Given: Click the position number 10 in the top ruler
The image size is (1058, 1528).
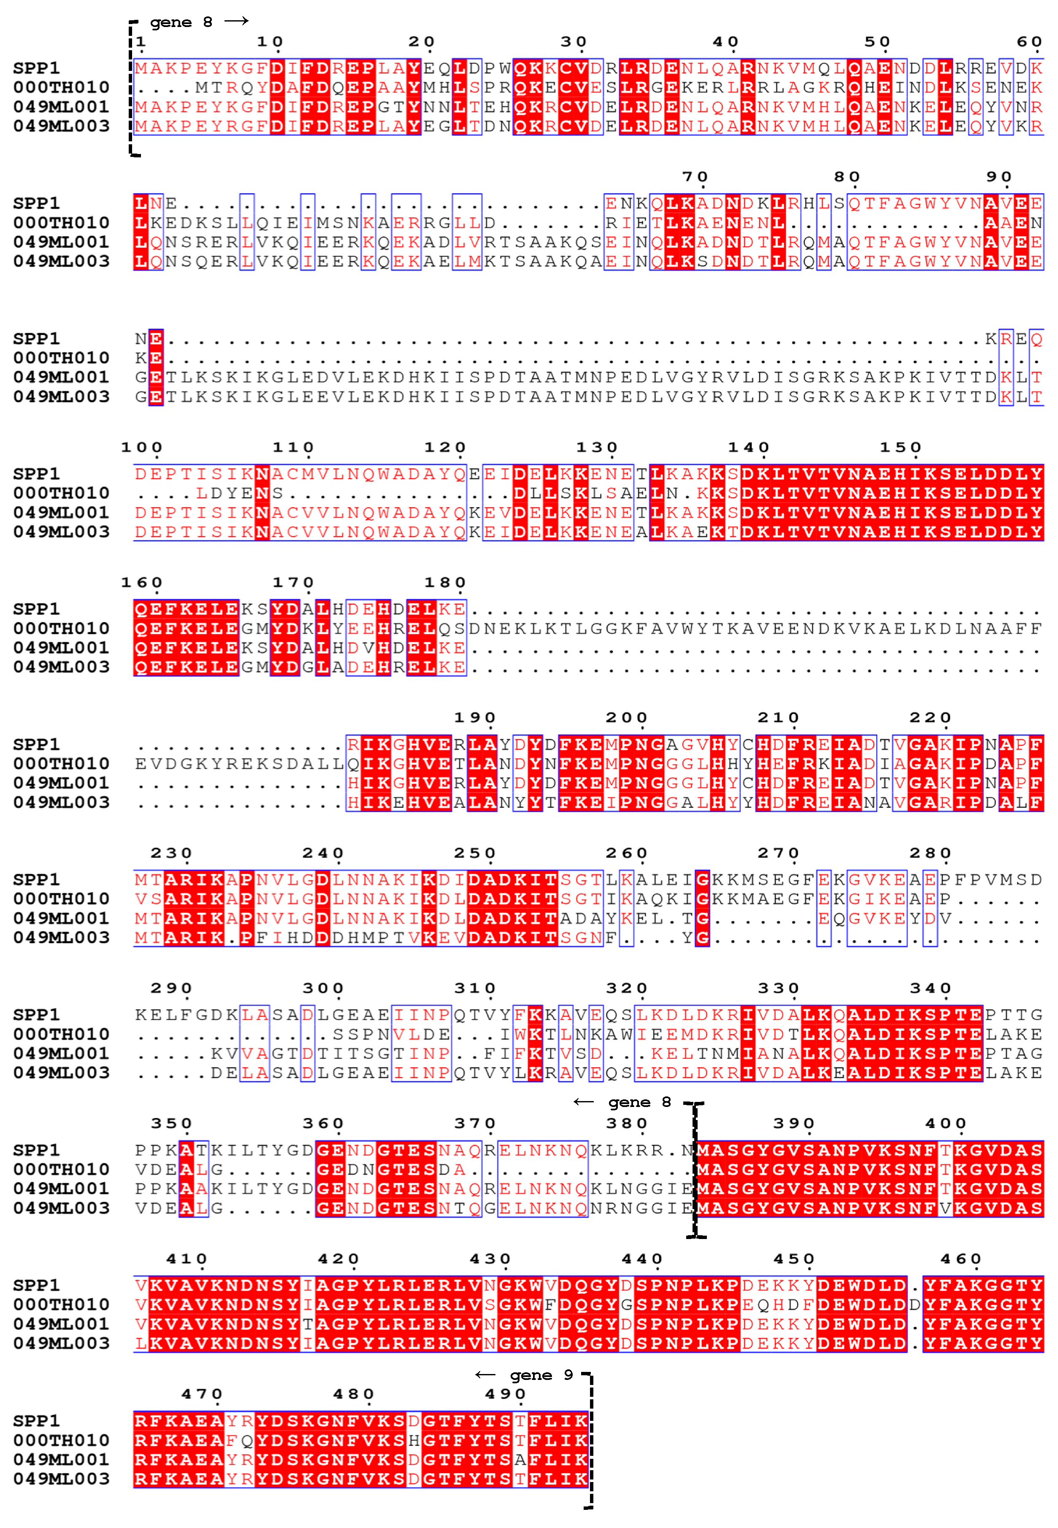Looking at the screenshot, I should pyautogui.click(x=271, y=42).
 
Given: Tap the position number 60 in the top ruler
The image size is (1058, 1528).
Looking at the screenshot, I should pyautogui.click(x=1029, y=42).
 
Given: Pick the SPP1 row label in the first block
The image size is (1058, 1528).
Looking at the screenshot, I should pyautogui.click(x=36, y=68).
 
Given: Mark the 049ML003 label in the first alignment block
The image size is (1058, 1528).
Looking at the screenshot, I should pyautogui.click(x=61, y=126).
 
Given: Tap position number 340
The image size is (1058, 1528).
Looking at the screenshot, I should pyautogui.click(x=930, y=988).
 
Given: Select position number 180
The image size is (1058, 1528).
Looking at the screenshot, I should pyautogui.click(x=445, y=583).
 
